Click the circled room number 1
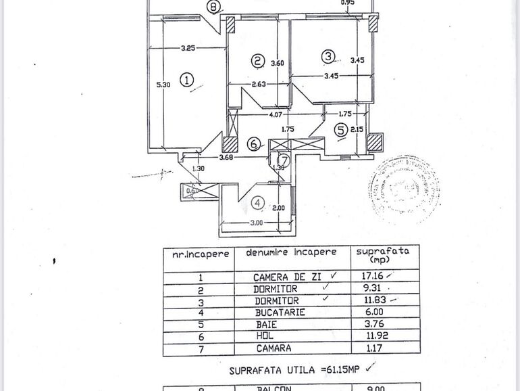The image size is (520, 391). (x=188, y=79)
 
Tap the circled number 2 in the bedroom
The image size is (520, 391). (x=257, y=61)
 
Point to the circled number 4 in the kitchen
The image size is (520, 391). (x=257, y=202)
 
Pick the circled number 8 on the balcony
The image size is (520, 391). (x=214, y=7)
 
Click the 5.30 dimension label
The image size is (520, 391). (x=163, y=85)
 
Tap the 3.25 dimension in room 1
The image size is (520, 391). (x=188, y=48)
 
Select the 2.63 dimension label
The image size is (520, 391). (x=259, y=85)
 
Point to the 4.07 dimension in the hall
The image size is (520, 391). (x=276, y=115)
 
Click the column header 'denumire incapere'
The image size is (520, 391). (x=291, y=252)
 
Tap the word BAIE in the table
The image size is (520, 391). (x=267, y=325)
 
